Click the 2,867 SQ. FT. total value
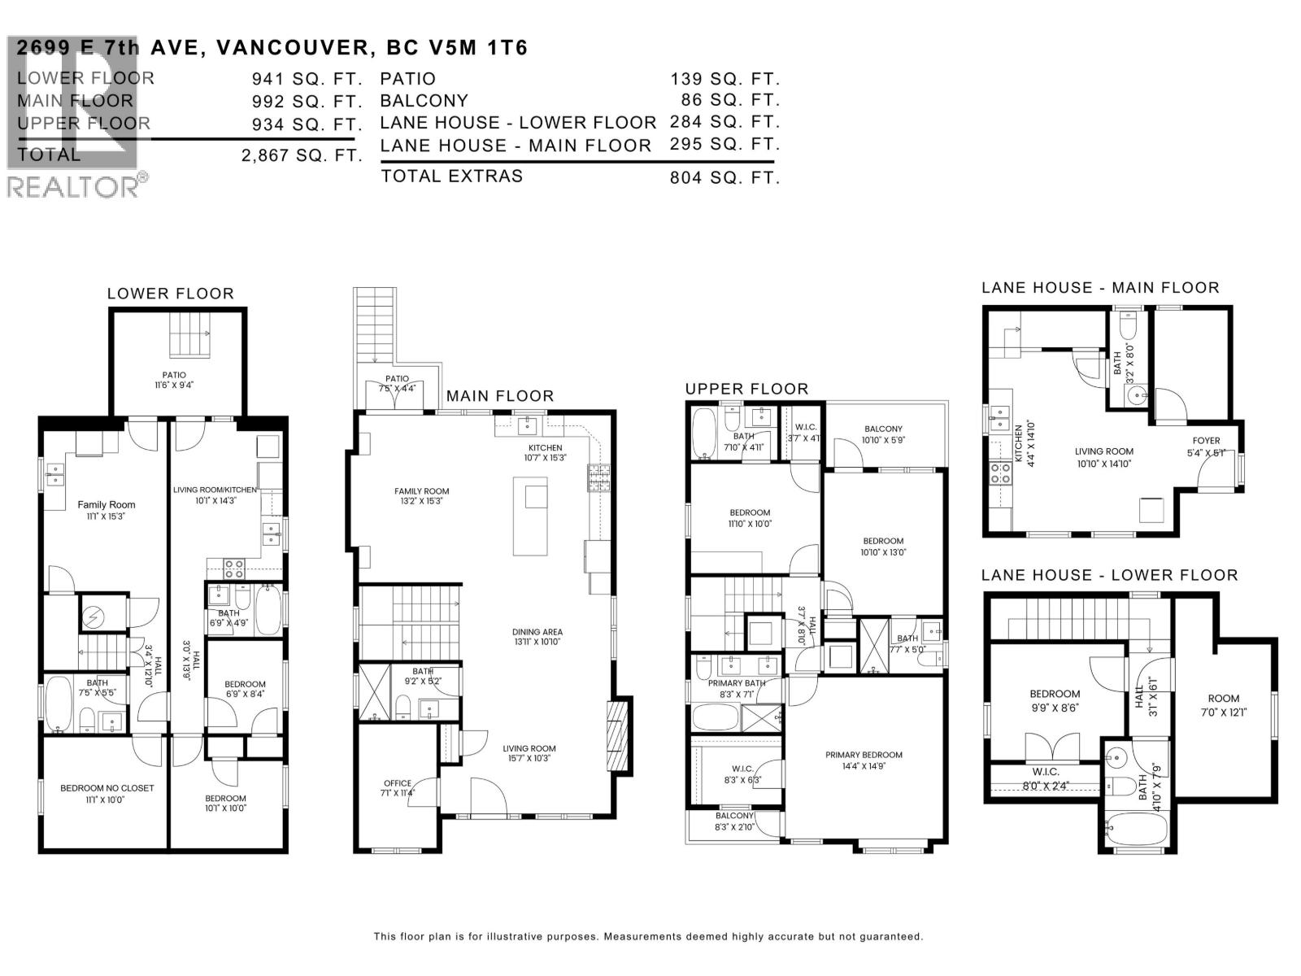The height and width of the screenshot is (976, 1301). [x=301, y=155]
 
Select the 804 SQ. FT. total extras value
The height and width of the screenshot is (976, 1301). [x=724, y=177]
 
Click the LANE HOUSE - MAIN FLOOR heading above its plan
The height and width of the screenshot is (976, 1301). [x=1100, y=287]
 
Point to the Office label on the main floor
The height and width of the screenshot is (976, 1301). [x=398, y=783]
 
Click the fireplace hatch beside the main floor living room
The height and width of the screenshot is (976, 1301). [x=618, y=736]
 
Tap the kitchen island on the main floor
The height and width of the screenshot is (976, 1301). [x=529, y=516]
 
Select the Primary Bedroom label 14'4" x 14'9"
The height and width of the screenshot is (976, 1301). [x=864, y=755]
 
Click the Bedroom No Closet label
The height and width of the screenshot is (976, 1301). [x=107, y=787]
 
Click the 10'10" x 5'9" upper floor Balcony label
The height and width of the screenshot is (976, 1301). [x=883, y=429]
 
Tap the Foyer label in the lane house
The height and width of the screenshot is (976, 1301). [x=1206, y=441]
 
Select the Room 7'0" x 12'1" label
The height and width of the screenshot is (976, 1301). [x=1223, y=698]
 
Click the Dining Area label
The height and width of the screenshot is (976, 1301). [x=537, y=632]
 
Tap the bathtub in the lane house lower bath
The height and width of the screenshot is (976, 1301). [x=1135, y=830]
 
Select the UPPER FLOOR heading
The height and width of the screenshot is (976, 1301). [x=746, y=389]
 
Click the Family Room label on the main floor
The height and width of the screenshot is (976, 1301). [x=421, y=491]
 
